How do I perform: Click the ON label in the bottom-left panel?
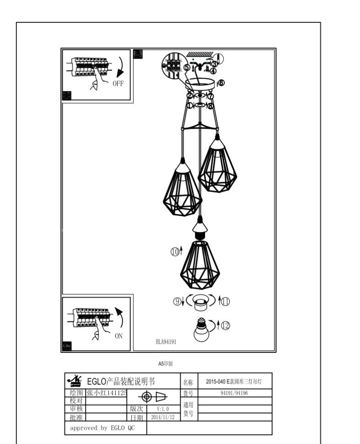point(118,336)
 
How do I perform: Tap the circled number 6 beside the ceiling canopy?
point(221,83)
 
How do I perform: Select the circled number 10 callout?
point(175,251)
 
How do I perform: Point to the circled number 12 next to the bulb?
point(226,325)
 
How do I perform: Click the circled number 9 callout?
point(176,301)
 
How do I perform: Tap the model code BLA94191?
point(166,341)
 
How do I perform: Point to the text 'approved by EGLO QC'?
point(103,428)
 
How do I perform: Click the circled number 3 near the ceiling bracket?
point(214,64)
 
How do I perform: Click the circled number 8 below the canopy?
point(211,105)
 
